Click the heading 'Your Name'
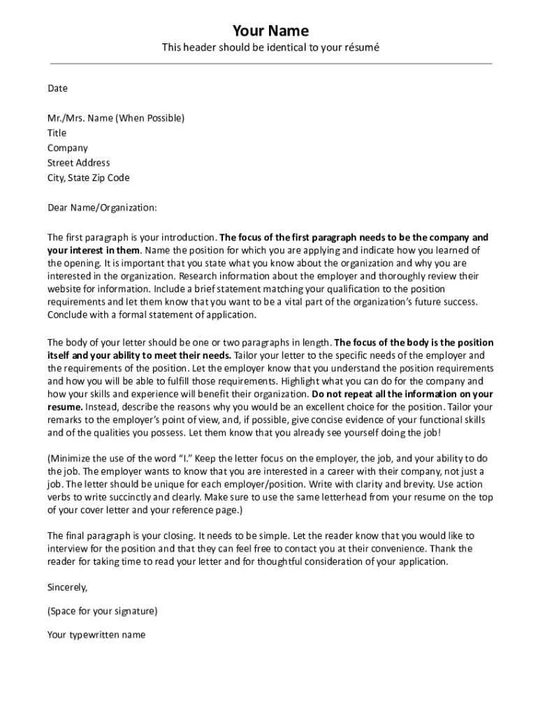[270, 31]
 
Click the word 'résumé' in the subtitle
[359, 48]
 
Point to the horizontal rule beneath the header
[270, 64]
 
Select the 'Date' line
[57, 88]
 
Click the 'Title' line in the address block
[57, 133]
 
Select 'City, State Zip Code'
[88, 178]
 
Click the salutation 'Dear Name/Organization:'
[102, 208]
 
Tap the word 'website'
[65, 289]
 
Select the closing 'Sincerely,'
[67, 587]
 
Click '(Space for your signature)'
[102, 611]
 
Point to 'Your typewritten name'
[96, 635]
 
